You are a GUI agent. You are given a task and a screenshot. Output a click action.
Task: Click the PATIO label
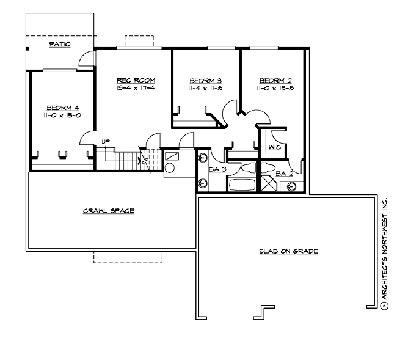pyautogui.click(x=60, y=45)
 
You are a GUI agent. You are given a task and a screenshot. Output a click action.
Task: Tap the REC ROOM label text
pyautogui.click(x=136, y=80)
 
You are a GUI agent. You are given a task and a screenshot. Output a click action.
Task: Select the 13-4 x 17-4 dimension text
pyautogui.click(x=136, y=88)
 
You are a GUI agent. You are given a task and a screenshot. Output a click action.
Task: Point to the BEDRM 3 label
pyautogui.click(x=206, y=81)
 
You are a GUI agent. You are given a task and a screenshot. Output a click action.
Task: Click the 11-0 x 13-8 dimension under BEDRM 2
pyautogui.click(x=275, y=88)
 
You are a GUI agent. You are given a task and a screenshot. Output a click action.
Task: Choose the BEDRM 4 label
pyautogui.click(x=63, y=108)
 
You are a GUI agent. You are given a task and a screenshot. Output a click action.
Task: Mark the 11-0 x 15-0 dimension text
pyautogui.click(x=62, y=116)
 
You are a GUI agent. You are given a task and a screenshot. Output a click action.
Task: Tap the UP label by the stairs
pyautogui.click(x=106, y=142)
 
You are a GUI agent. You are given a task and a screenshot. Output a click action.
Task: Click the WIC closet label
pyautogui.click(x=275, y=147)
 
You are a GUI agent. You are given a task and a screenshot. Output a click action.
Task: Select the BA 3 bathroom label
pyautogui.click(x=217, y=169)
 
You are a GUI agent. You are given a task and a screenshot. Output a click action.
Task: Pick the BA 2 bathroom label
pyautogui.click(x=285, y=174)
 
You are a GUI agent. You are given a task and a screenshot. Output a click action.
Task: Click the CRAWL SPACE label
pyautogui.click(x=108, y=211)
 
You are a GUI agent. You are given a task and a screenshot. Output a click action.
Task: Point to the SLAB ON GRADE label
pyautogui.click(x=288, y=251)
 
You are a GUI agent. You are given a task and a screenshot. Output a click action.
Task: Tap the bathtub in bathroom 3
pyautogui.click(x=242, y=185)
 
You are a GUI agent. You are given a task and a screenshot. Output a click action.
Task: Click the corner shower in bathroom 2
pyautogui.click(x=269, y=183)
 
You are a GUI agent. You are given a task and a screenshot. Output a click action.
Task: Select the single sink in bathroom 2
pyautogui.click(x=291, y=186)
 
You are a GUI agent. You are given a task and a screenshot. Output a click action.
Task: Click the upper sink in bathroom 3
pyautogui.click(x=202, y=158)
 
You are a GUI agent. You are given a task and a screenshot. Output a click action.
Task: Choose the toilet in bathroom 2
pyautogui.click(x=268, y=167)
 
